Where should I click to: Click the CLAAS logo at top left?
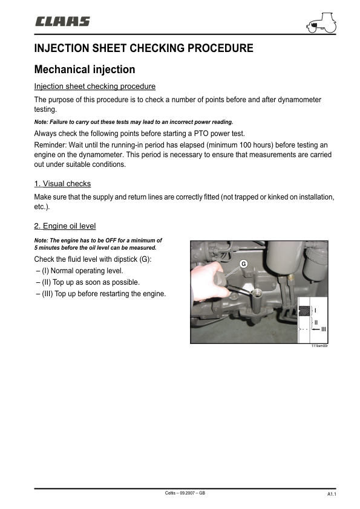tap(62, 22)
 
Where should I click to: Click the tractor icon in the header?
tap(322, 23)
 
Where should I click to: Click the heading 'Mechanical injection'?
tap(85, 70)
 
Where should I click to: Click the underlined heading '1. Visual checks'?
tap(62, 183)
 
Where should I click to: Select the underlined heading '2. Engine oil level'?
tap(65, 226)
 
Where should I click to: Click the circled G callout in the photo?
tap(243, 264)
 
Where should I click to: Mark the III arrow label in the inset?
tap(323, 328)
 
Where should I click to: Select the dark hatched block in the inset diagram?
tap(306, 311)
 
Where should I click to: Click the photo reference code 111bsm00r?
tap(319, 346)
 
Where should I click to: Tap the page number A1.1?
tap(332, 494)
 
